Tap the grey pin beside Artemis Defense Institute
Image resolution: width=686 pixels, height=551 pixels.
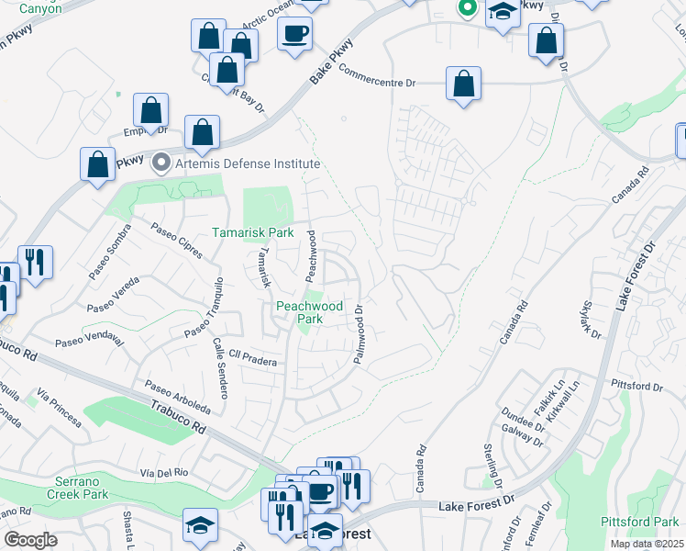(162, 163)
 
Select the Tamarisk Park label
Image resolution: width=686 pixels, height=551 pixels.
(253, 233)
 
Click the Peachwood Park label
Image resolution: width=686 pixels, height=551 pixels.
(310, 312)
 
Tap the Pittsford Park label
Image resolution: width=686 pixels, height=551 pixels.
(639, 522)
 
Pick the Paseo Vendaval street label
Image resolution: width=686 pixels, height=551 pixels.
(89, 339)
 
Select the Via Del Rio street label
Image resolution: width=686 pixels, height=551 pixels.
(164, 473)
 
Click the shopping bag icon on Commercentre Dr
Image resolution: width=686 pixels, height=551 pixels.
(464, 83)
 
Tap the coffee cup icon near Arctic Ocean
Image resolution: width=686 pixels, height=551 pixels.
(294, 35)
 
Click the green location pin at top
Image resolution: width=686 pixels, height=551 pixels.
(466, 9)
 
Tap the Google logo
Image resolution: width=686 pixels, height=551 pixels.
(30, 540)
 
